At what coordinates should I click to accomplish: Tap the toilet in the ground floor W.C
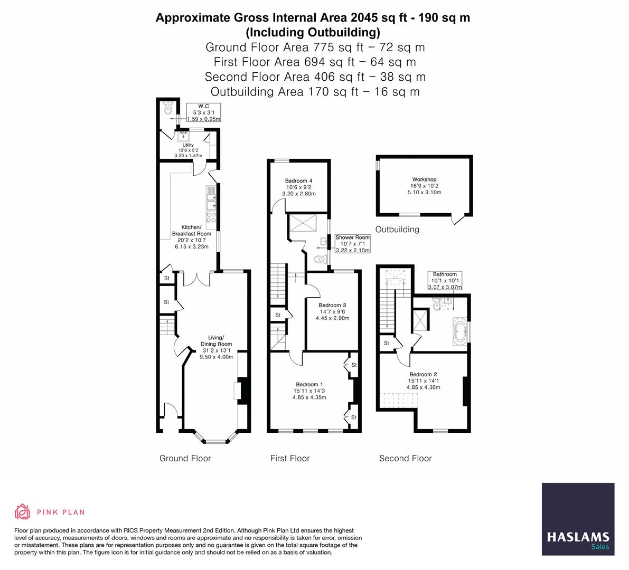167,108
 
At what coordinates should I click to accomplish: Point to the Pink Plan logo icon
23,511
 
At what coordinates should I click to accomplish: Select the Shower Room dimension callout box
353,244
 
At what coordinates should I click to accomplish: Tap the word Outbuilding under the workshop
397,229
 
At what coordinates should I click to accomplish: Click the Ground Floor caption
185,458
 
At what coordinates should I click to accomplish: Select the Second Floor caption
405,458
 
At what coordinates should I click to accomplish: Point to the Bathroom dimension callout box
445,280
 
